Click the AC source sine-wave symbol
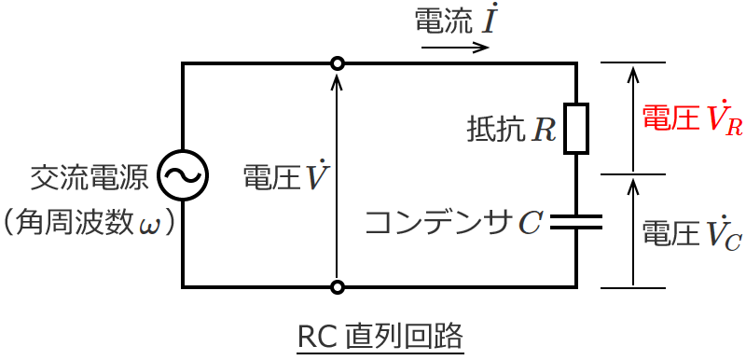click(182, 174)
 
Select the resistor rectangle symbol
click(576, 128)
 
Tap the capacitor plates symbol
click(576, 222)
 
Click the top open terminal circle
click(338, 63)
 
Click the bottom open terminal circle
click(338, 286)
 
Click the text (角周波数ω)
click(90, 222)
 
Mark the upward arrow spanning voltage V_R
click(633, 118)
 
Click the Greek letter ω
click(149, 224)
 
